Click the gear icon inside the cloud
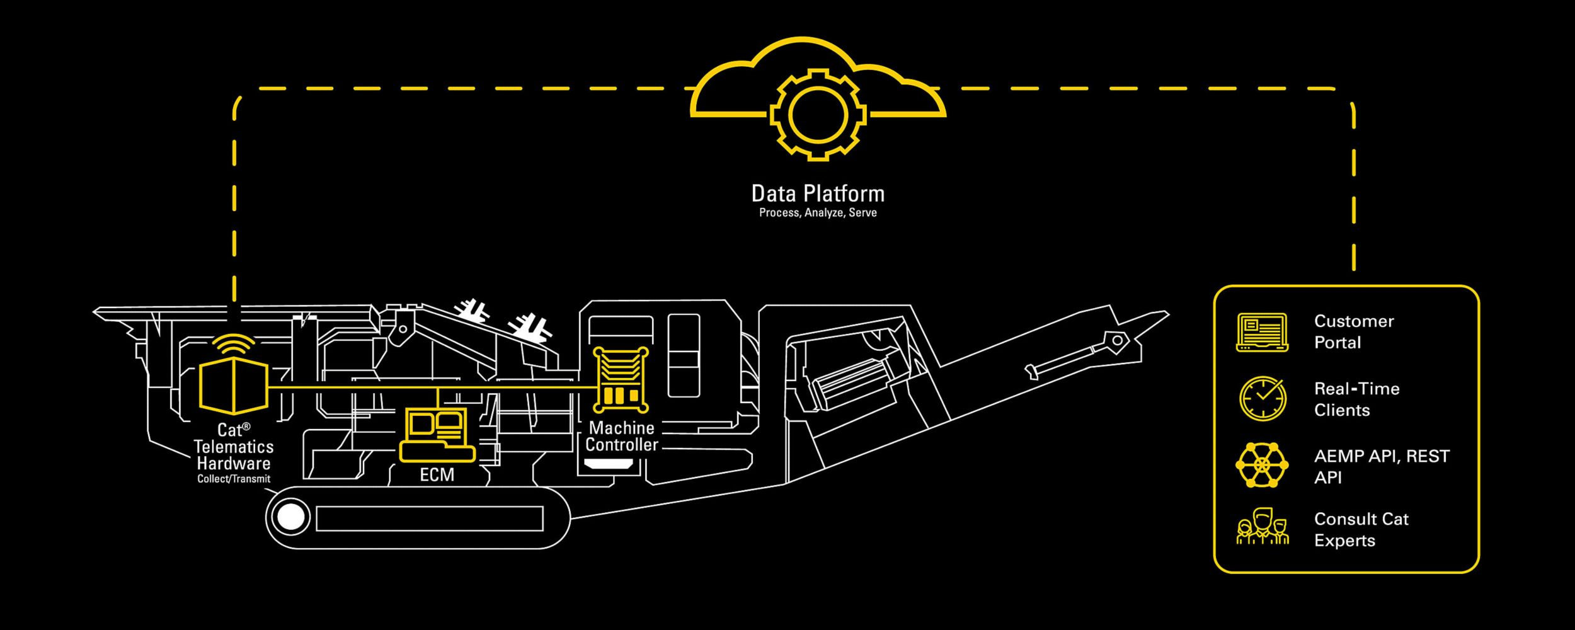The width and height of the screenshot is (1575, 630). (x=818, y=115)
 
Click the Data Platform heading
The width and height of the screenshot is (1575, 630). (x=818, y=193)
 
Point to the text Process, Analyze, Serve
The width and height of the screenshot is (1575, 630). (x=818, y=213)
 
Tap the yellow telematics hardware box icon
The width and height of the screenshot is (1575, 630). (x=234, y=386)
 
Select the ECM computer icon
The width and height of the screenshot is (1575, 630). (x=437, y=435)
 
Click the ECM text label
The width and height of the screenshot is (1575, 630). (x=437, y=475)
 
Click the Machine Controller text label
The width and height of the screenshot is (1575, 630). (x=621, y=437)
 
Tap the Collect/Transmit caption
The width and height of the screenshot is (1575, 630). (x=234, y=479)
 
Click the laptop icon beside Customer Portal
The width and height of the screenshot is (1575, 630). (x=1262, y=332)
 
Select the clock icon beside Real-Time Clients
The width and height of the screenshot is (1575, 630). (x=1262, y=399)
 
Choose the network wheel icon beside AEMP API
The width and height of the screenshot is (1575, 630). (x=1262, y=465)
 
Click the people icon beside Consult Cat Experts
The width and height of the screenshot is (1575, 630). (x=1262, y=528)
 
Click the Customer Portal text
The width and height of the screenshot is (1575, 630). (x=1353, y=332)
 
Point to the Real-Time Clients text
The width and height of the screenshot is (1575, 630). (x=1356, y=399)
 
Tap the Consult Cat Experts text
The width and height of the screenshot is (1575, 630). (x=1361, y=530)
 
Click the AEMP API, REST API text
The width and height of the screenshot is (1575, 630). (x=1381, y=466)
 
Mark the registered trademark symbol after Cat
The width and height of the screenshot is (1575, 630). (x=246, y=427)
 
